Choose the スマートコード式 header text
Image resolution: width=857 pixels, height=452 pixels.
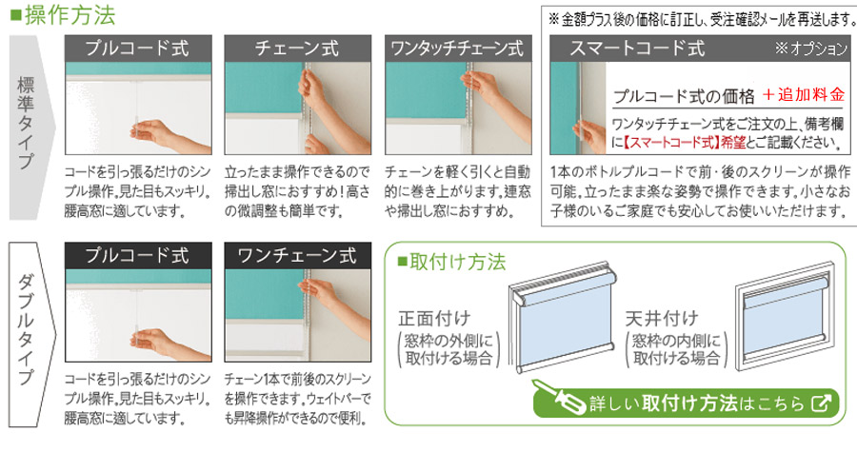point(637,49)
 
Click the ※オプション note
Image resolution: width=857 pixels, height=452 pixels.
point(809,49)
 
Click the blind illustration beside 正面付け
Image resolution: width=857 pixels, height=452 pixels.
point(558,324)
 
